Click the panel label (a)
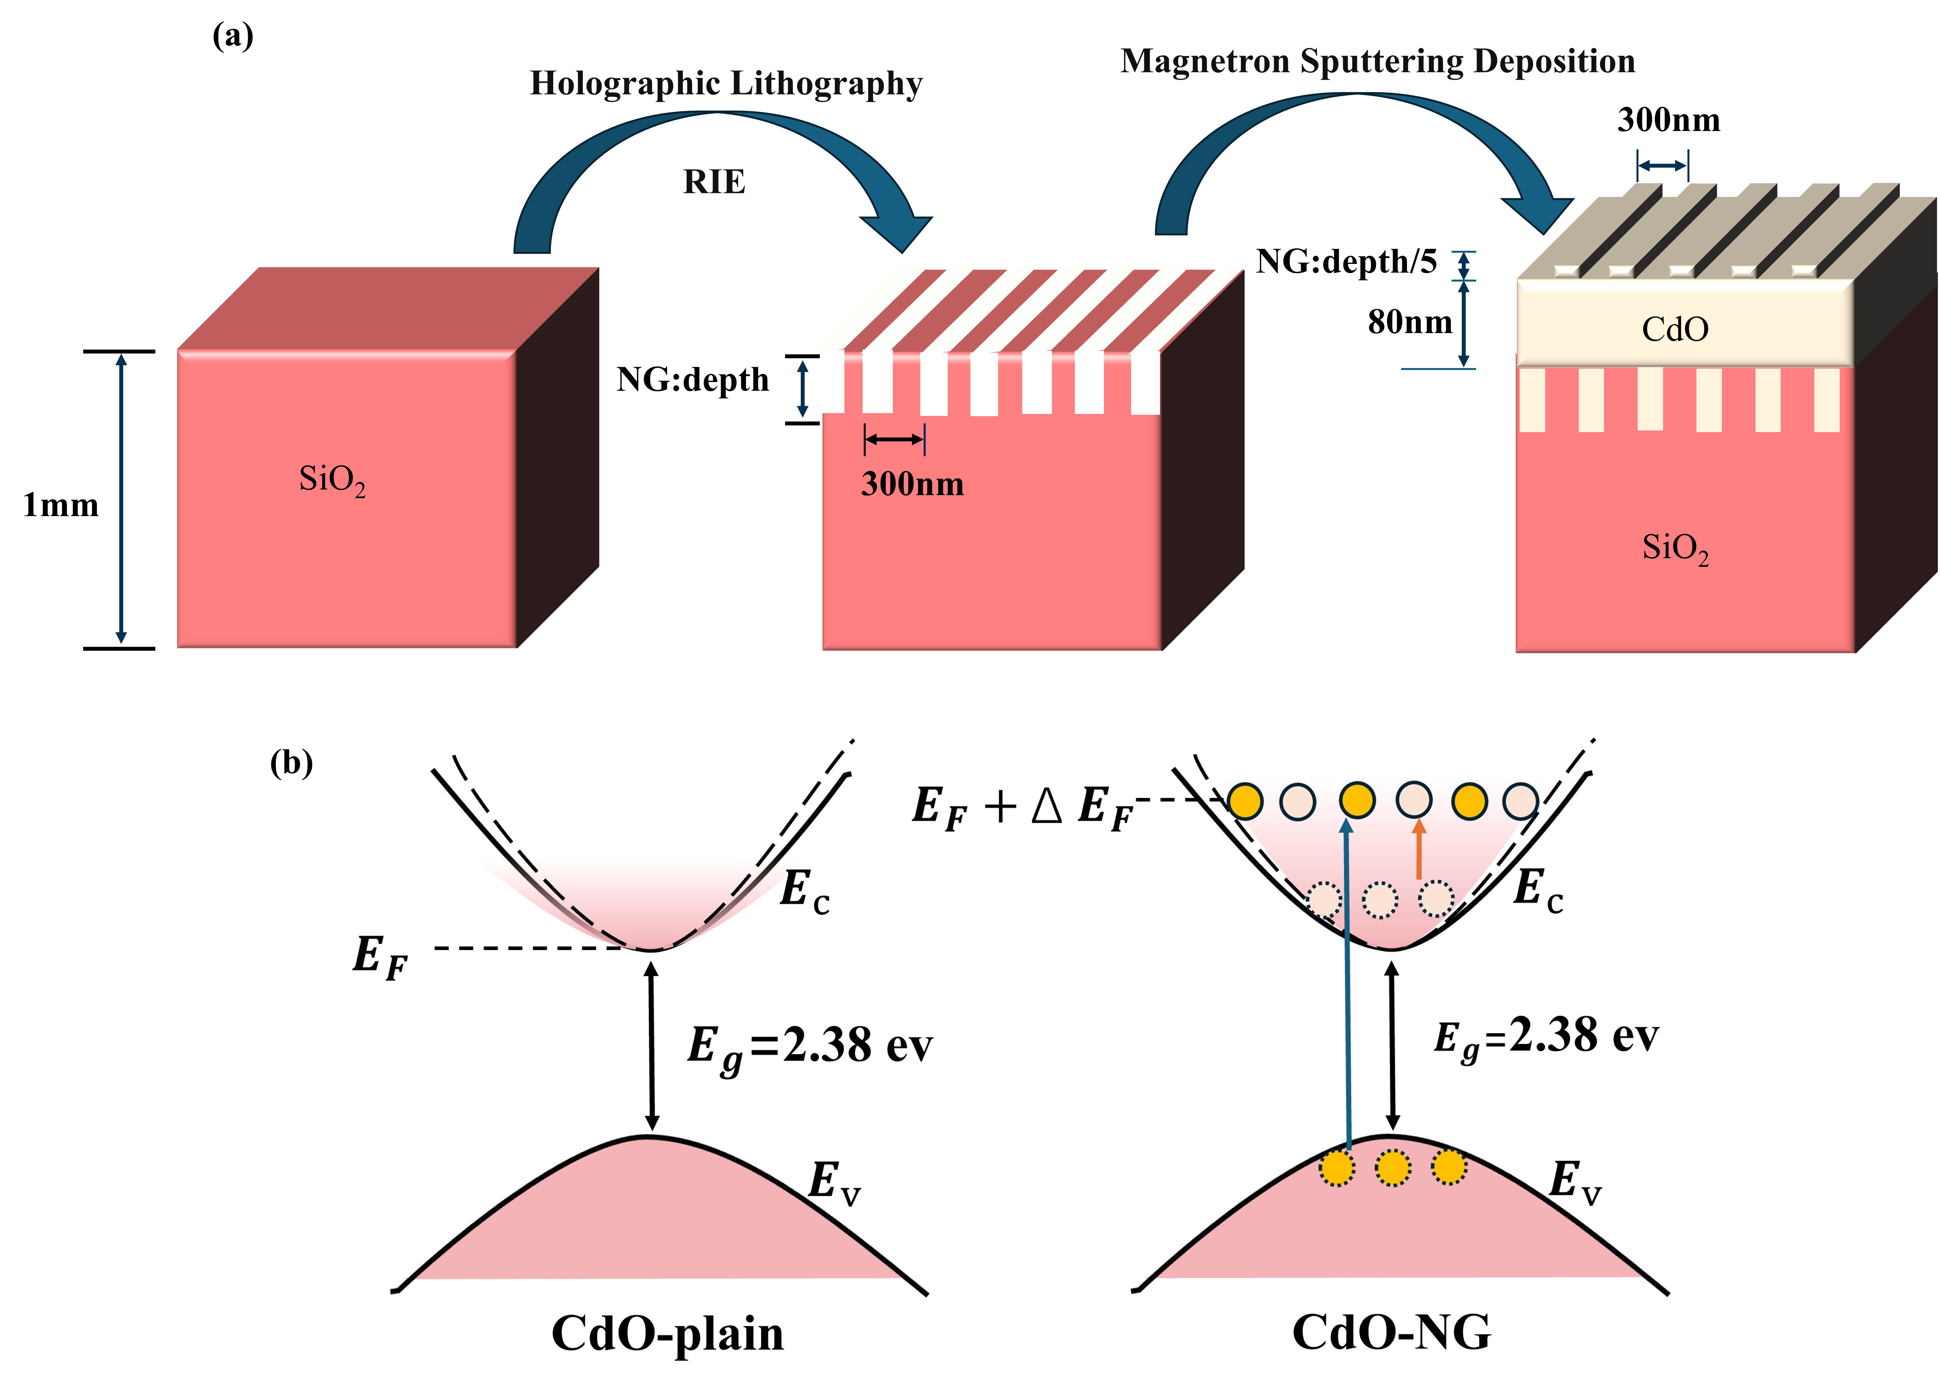point(233,36)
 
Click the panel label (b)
point(292,762)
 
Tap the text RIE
point(714,182)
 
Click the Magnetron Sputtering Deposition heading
point(1378,62)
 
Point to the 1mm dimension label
point(61,505)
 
